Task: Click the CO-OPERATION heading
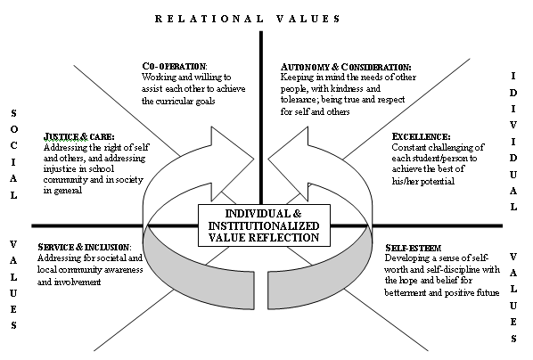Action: [175, 66]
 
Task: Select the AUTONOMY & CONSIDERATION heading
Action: [346, 67]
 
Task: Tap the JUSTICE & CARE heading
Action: [78, 136]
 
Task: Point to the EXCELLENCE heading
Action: [421, 136]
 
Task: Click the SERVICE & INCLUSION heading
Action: [85, 247]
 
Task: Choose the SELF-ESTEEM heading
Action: [413, 248]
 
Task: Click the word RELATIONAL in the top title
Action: [209, 19]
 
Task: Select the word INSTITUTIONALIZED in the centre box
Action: [264, 225]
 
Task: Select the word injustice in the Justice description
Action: [60, 169]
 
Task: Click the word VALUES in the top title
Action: [308, 19]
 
